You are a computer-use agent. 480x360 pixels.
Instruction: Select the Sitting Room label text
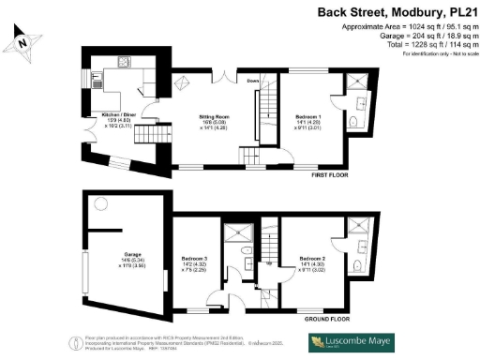click(x=215, y=116)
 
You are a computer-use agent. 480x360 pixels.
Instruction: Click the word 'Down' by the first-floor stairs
click(x=253, y=81)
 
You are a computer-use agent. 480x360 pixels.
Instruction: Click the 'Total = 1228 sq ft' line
click(x=423, y=46)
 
